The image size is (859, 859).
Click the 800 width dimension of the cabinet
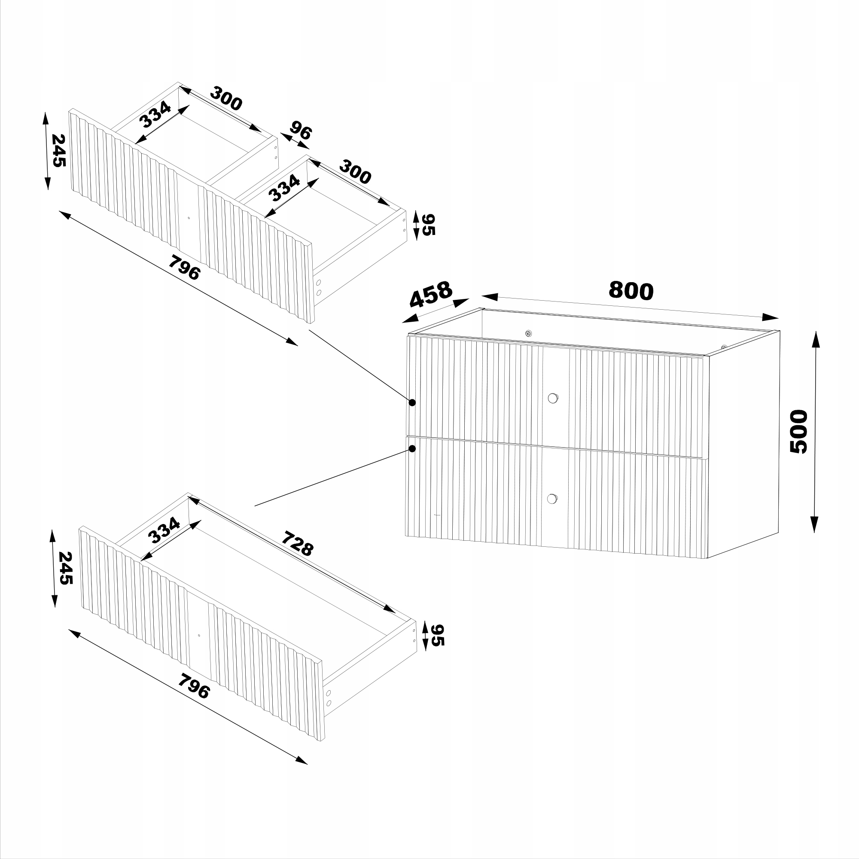631,290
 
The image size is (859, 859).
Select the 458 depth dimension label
430,294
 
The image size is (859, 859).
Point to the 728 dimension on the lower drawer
298,543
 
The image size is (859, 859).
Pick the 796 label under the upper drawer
184,267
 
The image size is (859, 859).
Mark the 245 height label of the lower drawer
65,568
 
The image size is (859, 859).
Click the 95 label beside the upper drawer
428,225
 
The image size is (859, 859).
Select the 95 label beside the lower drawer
438,635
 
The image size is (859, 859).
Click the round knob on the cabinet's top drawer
553,398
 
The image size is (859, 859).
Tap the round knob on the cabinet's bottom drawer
552,499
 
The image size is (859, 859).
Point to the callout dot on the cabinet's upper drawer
412,402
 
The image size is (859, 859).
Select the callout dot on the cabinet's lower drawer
412,449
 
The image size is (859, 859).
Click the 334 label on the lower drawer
164,530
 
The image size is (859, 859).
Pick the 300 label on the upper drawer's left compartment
226,98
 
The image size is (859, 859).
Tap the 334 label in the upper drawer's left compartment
155,114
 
